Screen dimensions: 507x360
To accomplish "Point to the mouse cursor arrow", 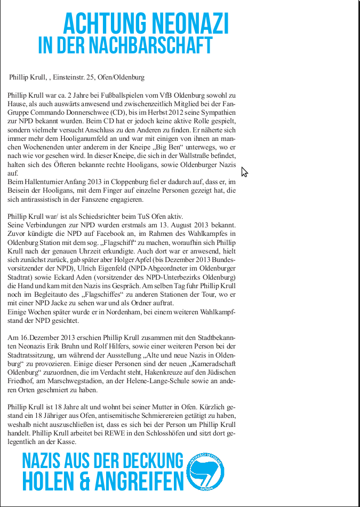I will pyautogui.click(x=244, y=171).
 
